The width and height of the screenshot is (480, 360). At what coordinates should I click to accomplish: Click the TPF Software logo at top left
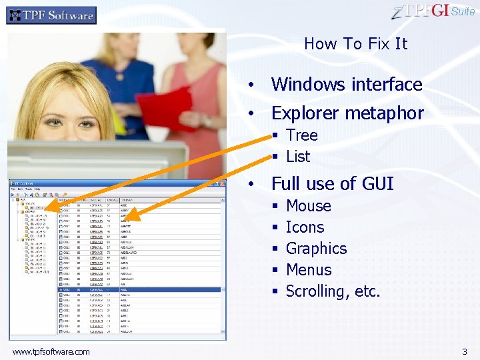(x=51, y=15)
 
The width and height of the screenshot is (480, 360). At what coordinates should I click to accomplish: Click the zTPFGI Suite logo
(x=433, y=11)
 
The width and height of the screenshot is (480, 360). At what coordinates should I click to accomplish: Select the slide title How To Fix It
(x=355, y=44)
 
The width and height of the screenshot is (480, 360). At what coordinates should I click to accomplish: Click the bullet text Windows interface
(x=347, y=85)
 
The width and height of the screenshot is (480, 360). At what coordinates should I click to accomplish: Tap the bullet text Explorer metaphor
(x=347, y=113)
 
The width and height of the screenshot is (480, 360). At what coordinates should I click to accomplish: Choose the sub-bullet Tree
(x=301, y=135)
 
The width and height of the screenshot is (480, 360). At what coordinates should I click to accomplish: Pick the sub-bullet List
(x=298, y=157)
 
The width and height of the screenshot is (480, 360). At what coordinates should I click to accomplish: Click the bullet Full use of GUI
(x=332, y=184)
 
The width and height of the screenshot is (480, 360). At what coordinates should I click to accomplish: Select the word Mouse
(x=308, y=206)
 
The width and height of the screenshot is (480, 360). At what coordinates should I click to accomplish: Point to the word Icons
(x=305, y=227)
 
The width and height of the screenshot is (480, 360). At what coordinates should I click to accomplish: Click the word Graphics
(x=316, y=249)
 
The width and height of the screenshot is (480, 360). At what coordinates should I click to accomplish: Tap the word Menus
(x=308, y=270)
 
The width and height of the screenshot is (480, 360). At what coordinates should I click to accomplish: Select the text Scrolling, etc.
(x=333, y=291)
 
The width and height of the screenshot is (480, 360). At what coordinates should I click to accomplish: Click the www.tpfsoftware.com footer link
(x=51, y=351)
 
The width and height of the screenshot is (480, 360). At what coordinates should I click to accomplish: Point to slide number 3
(x=465, y=351)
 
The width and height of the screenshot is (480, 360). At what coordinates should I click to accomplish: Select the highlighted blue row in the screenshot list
(x=140, y=289)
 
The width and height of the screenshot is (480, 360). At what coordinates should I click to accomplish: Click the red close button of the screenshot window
(x=223, y=183)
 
